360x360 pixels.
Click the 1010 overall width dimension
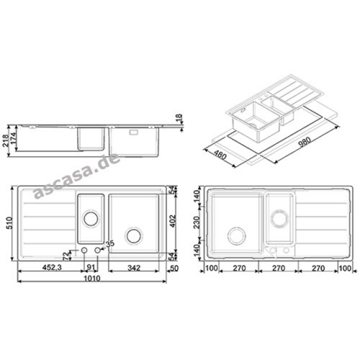point(92,278)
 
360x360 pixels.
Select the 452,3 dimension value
point(52,268)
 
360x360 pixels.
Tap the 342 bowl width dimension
point(134,268)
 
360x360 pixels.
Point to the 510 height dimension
point(10,223)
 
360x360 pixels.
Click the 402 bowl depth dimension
point(173,221)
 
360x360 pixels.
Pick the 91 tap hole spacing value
point(91,268)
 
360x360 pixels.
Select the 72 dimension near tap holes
point(66,255)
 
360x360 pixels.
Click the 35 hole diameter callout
point(110,244)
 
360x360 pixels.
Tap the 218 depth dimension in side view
point(6,140)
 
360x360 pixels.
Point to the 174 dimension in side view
point(13,138)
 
